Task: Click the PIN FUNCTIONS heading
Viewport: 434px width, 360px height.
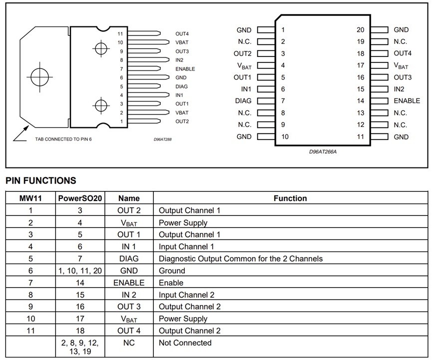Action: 41,180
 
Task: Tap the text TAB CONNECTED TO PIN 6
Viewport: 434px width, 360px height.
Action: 63,139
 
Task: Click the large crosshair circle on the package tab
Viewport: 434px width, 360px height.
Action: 38,77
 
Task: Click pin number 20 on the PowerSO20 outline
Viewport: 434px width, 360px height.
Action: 360,30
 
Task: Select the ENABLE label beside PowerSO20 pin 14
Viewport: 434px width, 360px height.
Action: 407,101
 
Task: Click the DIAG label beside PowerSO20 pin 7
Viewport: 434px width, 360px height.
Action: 243,101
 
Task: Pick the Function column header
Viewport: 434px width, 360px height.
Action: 290,198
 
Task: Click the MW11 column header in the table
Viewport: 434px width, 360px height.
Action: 30,198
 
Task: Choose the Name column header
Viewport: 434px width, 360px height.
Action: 128,198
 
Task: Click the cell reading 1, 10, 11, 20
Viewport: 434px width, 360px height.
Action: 79,271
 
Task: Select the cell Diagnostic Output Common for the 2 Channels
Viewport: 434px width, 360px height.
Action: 240,259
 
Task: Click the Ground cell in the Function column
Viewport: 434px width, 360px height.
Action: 172,271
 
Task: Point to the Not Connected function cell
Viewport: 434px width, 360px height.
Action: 185,343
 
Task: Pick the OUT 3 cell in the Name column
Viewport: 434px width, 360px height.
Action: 128,307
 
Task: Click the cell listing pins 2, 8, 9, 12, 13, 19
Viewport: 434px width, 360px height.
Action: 79,347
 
